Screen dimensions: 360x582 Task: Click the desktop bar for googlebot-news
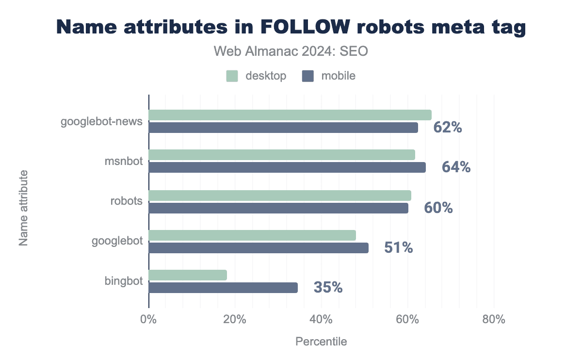click(x=290, y=115)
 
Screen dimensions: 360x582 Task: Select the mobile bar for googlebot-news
click(x=283, y=128)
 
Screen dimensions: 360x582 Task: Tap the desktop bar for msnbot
click(x=282, y=155)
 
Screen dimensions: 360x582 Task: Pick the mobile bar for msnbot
click(x=287, y=167)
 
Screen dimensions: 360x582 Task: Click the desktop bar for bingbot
click(x=188, y=275)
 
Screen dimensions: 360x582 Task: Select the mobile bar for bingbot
click(x=223, y=288)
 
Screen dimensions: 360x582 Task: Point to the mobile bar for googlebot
click(x=259, y=248)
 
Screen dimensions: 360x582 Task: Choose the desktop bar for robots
click(x=280, y=196)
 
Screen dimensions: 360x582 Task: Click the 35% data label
click(x=328, y=287)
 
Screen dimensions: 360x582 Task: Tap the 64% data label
click(x=456, y=167)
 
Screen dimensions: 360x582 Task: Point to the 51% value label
click(x=398, y=248)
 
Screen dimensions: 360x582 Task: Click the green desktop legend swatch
click(x=232, y=76)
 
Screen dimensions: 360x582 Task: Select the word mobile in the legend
click(x=338, y=76)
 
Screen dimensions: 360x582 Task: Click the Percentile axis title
click(x=321, y=342)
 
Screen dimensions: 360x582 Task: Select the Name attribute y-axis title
click(x=23, y=207)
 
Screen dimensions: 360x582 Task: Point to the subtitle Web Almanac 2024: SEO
click(x=291, y=51)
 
